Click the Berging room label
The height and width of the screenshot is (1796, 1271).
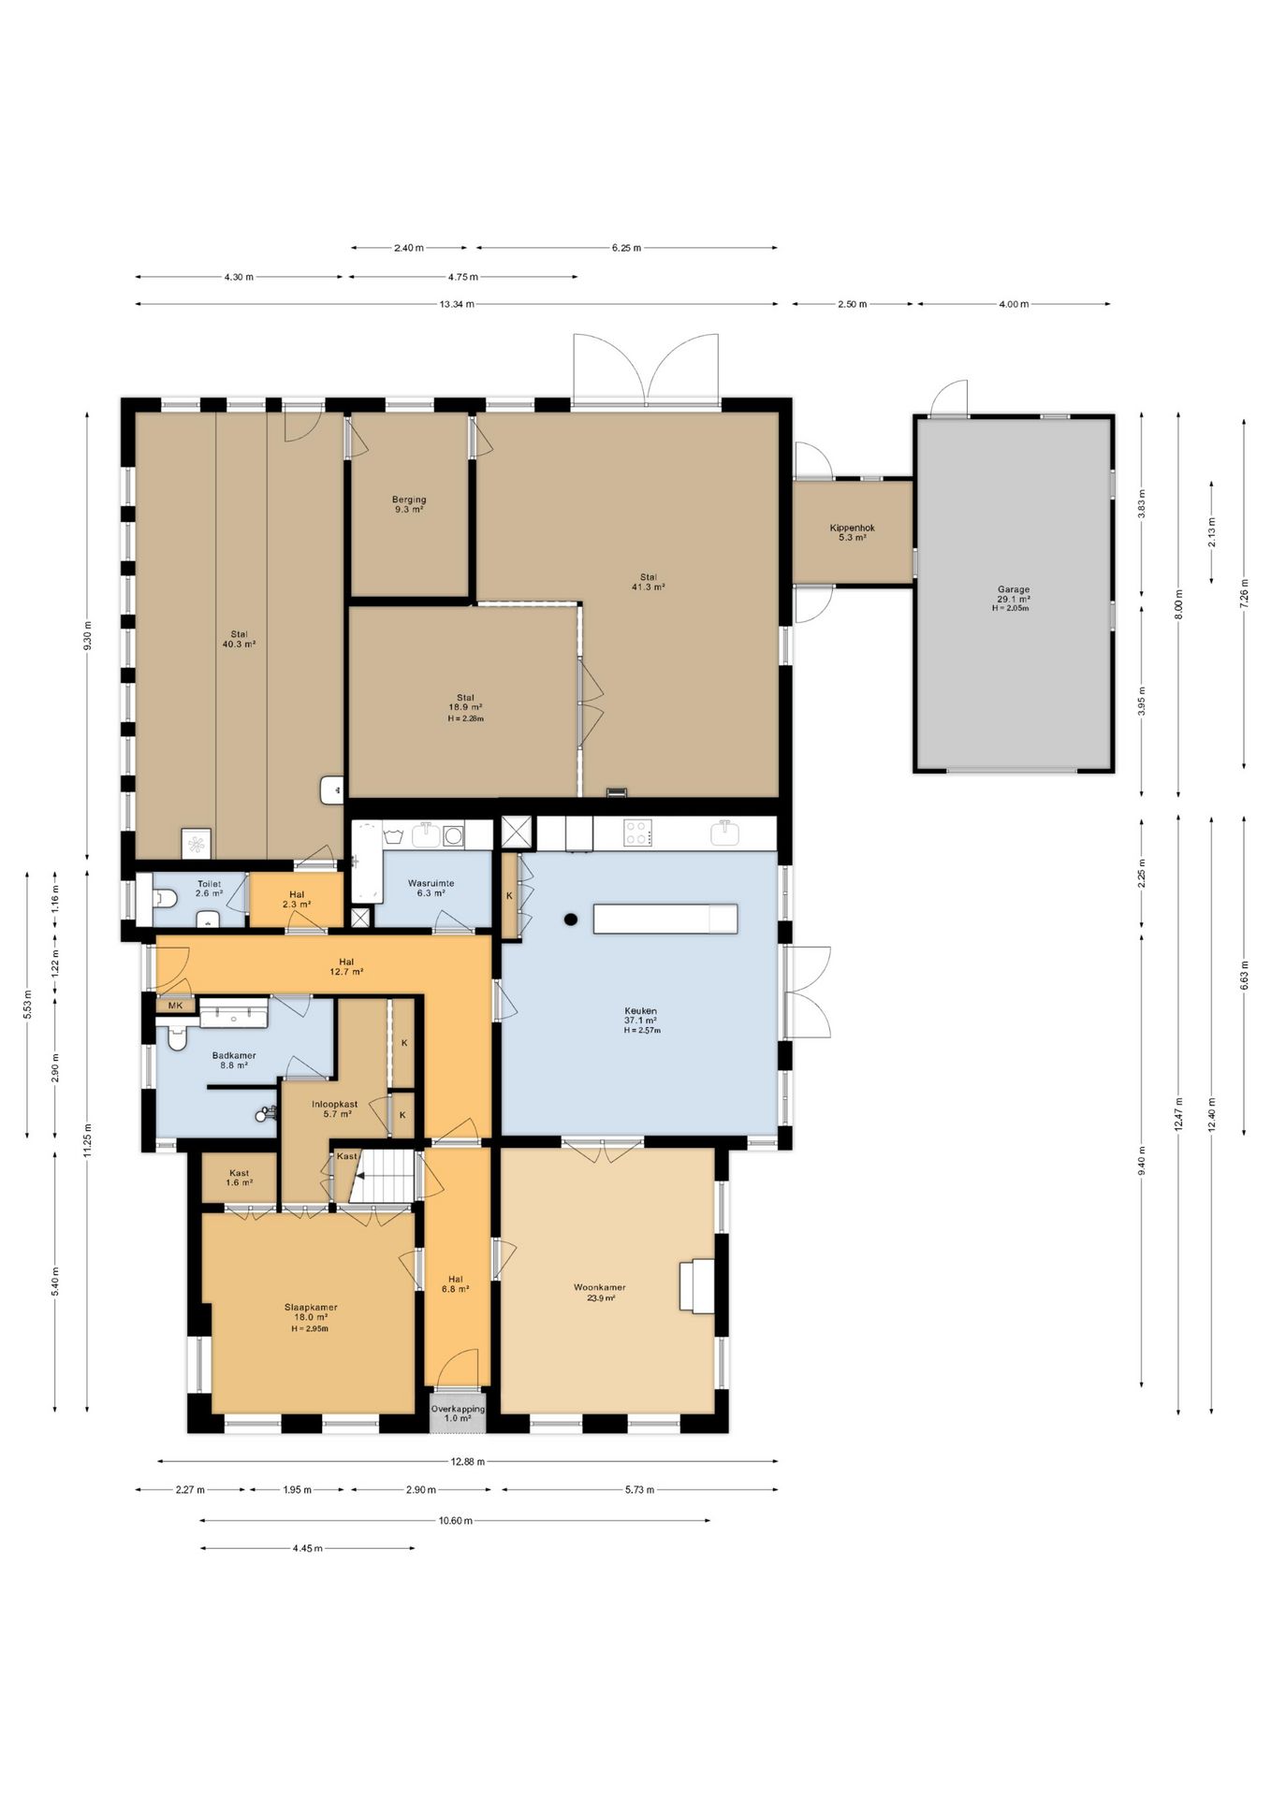409,500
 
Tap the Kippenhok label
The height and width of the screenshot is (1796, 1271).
852,528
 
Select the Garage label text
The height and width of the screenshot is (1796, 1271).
1013,589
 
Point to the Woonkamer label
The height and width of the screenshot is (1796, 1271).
599,1287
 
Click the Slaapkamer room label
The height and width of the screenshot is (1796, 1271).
311,1308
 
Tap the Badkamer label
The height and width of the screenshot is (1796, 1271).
234,1055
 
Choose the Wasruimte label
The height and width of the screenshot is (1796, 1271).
431,883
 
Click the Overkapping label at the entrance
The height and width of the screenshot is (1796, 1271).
458,1409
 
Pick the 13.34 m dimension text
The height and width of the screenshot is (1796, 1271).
458,304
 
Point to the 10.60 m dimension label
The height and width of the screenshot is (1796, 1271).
455,1521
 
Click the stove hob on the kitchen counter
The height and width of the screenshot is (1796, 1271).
638,833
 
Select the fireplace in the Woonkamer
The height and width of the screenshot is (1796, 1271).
697,1286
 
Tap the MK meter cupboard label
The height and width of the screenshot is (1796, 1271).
175,1006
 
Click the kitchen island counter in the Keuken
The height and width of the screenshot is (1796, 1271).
665,919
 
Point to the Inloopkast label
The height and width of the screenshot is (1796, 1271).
334,1104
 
